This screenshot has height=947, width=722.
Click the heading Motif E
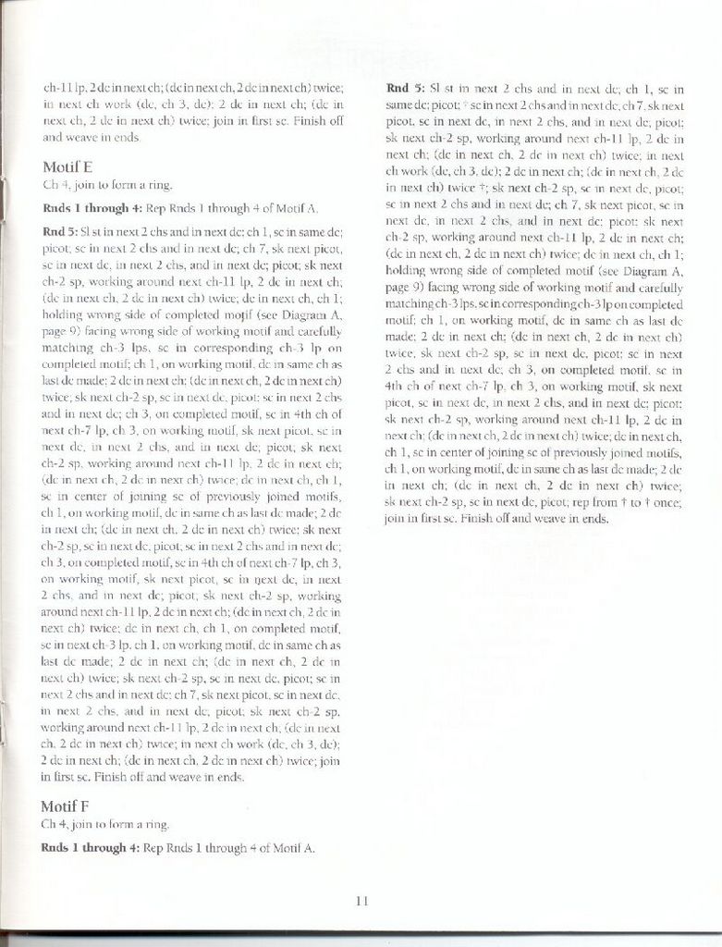tap(67, 167)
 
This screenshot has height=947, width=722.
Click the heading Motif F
tap(66, 806)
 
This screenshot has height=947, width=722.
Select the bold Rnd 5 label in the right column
tap(405, 89)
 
